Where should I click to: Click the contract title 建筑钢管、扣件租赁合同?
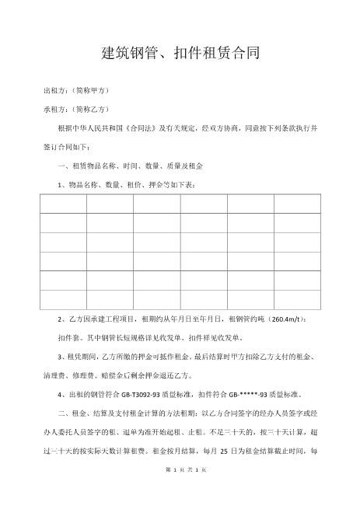coord(180,54)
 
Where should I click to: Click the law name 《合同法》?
coord(145,127)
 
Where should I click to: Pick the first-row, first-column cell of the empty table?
coord(63,204)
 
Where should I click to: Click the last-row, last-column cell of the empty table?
coord(296,299)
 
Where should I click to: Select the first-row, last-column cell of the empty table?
coord(296,204)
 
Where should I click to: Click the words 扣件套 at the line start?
coord(69,338)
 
